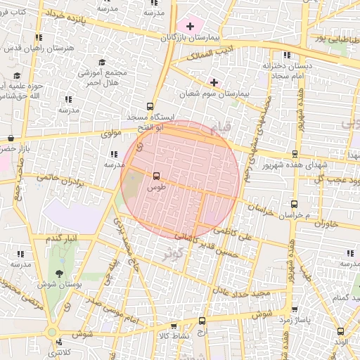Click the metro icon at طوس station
[x=155, y=176]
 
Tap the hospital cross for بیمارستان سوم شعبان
[x=215, y=81]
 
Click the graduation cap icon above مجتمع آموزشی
[x=100, y=63]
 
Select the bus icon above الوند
[x=341, y=330]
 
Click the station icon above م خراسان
[x=294, y=204]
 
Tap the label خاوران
[x=327, y=224]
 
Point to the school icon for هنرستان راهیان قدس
[x=39, y=37]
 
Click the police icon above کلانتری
[x=58, y=342]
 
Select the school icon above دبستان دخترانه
[x=286, y=55]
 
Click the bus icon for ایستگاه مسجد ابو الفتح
[x=149, y=108]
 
